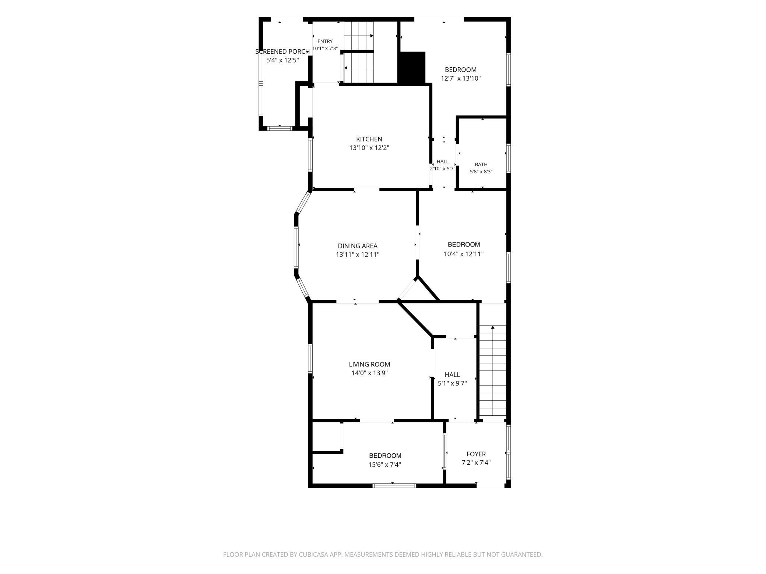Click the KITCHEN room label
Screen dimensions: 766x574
coord(369,139)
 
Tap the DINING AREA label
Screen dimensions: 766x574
coord(358,246)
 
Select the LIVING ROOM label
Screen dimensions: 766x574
coord(369,364)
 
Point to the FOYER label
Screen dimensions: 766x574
coord(476,454)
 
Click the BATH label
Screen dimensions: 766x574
coord(481,164)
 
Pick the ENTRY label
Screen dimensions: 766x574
coord(325,41)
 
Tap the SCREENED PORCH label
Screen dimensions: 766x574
coord(282,52)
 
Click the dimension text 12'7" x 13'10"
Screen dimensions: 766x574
coord(461,78)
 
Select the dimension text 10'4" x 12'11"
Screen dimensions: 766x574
coord(464,254)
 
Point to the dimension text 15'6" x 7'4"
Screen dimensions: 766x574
coord(385,465)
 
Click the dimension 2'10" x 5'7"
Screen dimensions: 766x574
coord(443,169)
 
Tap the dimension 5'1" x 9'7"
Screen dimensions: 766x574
coord(452,383)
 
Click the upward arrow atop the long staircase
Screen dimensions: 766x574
coord(493,327)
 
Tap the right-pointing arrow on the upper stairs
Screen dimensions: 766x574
coord(372,36)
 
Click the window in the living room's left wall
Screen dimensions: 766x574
coord(310,359)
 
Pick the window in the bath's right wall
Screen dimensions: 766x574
coord(508,158)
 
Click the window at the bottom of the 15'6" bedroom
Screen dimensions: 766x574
coord(394,486)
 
